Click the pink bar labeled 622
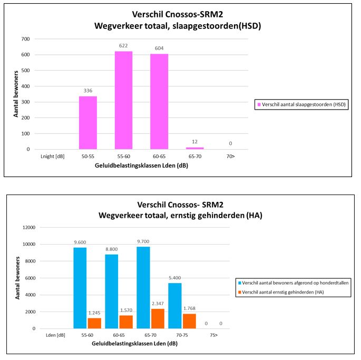(x=123, y=100)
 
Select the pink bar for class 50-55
(x=88, y=122)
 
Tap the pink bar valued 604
(x=159, y=102)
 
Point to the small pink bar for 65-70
(x=194, y=148)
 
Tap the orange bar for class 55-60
(x=94, y=323)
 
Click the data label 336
(x=88, y=91)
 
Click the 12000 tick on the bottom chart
(x=25, y=228)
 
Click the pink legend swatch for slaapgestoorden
(x=258, y=104)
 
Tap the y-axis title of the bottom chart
(x=17, y=278)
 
